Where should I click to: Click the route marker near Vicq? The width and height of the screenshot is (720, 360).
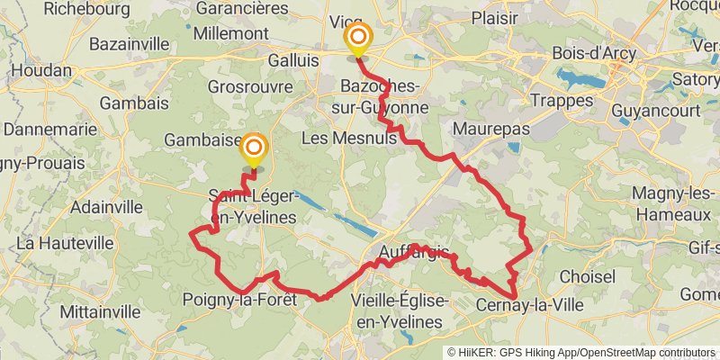[x=358, y=39]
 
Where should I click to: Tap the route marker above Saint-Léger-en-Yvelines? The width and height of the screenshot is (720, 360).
[x=254, y=148]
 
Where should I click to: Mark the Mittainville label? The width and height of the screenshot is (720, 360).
[x=99, y=311]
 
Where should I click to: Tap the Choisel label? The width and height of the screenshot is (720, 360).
[x=586, y=276]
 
